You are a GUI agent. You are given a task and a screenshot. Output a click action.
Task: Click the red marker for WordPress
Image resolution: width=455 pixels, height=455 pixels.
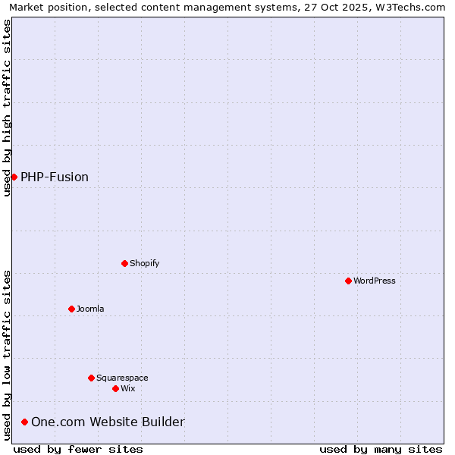[348, 281]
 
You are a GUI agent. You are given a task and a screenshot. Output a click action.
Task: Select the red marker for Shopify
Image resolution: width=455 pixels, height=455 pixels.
[124, 263]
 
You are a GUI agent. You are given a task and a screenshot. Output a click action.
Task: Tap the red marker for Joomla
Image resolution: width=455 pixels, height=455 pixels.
[71, 309]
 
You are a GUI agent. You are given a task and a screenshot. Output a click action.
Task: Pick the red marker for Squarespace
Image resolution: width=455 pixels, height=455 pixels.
[91, 378]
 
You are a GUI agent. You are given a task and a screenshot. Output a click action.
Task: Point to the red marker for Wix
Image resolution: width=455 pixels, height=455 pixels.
[115, 388]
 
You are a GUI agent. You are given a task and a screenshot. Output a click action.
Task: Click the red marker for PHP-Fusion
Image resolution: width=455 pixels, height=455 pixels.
[14, 177]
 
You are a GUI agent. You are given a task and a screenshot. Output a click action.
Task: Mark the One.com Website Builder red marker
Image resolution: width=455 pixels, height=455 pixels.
[24, 422]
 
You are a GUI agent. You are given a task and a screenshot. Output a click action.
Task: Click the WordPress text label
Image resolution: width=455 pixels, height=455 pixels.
[375, 281]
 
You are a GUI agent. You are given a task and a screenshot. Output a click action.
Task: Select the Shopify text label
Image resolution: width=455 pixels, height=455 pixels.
[144, 263]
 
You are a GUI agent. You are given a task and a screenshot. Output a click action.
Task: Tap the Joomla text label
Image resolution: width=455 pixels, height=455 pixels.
[90, 309]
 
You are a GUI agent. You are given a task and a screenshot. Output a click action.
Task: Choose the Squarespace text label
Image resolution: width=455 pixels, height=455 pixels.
[122, 378]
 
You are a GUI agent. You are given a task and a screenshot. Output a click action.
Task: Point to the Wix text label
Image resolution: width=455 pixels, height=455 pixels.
[128, 388]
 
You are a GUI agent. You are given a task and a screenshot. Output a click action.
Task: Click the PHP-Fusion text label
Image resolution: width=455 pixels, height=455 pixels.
[55, 177]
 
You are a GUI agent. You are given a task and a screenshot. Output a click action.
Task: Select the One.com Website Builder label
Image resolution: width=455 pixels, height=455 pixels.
[108, 422]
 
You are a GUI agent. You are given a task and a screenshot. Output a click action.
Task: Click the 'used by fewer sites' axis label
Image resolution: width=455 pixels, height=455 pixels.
[78, 449]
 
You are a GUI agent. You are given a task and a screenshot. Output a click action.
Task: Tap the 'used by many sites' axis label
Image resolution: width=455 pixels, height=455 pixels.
[381, 449]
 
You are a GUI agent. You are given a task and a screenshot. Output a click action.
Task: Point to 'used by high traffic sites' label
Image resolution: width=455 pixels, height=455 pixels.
[7, 108]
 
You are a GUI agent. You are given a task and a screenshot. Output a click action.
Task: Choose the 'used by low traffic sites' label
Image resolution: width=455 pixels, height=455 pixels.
[7, 354]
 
